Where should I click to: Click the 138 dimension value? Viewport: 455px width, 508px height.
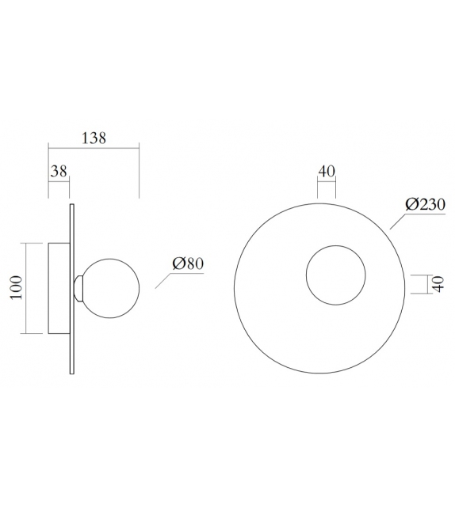(94, 137)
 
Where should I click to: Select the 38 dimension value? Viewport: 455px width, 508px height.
(59, 170)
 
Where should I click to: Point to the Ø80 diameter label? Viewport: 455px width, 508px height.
(188, 263)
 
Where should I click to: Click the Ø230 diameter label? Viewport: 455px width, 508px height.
(424, 203)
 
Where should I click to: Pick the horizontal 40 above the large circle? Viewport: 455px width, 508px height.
(327, 170)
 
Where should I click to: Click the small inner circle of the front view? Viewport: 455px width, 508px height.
(336, 275)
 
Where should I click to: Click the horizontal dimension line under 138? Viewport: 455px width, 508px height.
(94, 146)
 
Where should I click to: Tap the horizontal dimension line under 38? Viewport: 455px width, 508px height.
(59, 180)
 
